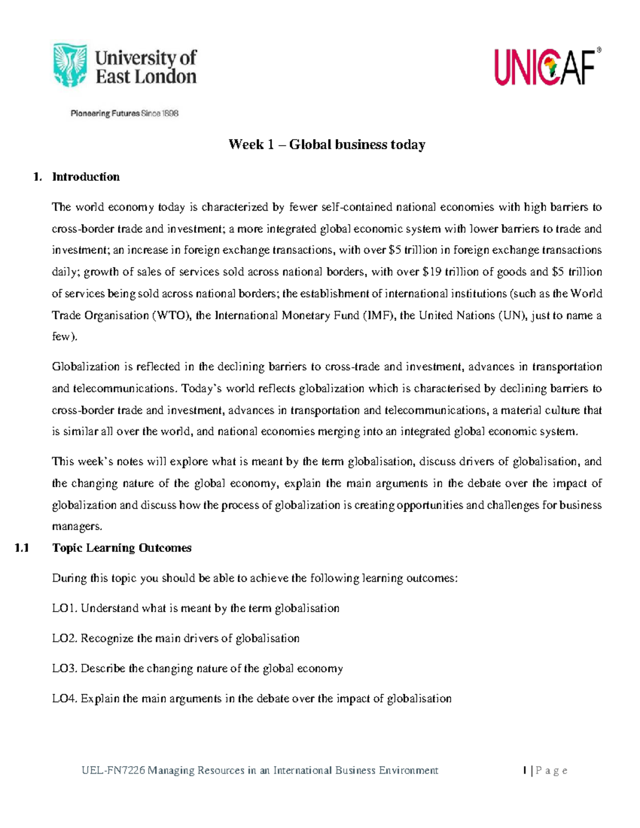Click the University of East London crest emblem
click(x=70, y=66)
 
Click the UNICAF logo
click(x=547, y=67)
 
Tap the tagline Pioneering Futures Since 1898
click(x=124, y=113)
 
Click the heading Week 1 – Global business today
click(x=326, y=144)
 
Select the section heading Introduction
click(x=85, y=177)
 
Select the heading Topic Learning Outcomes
click(x=122, y=548)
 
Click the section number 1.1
click(x=22, y=548)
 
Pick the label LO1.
click(x=65, y=608)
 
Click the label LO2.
click(x=65, y=638)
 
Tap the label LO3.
click(x=65, y=669)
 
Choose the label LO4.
click(x=65, y=698)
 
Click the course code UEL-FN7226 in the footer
click(x=113, y=770)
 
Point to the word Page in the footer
click(x=551, y=770)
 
